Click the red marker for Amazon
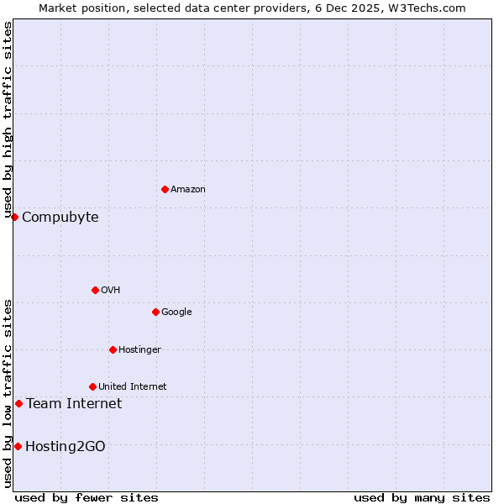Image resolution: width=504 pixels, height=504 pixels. pyautogui.click(x=165, y=189)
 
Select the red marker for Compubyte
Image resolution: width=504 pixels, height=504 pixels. pyautogui.click(x=14, y=217)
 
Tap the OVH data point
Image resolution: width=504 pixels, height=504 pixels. pyautogui.click(x=95, y=290)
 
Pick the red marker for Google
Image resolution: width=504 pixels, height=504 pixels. pyautogui.click(x=155, y=312)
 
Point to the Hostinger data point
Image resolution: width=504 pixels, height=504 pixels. pyautogui.click(x=113, y=349)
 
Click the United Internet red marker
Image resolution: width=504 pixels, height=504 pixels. pyautogui.click(x=92, y=386)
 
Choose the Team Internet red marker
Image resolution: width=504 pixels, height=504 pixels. pyautogui.click(x=18, y=403)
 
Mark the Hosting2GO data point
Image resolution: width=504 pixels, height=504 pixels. pyautogui.click(x=18, y=446)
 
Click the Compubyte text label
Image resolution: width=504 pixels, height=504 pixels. pyautogui.click(x=60, y=218)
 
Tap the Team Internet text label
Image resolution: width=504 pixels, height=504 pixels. pyautogui.click(x=74, y=404)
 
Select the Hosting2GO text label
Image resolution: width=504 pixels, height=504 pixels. pyautogui.click(x=66, y=447)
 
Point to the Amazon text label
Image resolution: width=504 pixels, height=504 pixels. pyautogui.click(x=188, y=190)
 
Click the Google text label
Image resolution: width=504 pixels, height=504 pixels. pyautogui.click(x=176, y=312)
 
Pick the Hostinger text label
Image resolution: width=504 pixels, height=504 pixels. pyautogui.click(x=139, y=350)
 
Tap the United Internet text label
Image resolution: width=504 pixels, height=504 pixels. pyautogui.click(x=132, y=387)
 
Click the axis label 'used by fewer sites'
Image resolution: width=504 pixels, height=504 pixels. pyautogui.click(x=87, y=497)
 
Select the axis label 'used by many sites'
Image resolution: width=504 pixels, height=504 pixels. pyautogui.click(x=422, y=497)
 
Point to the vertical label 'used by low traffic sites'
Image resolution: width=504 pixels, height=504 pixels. pyautogui.click(x=8, y=392)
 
